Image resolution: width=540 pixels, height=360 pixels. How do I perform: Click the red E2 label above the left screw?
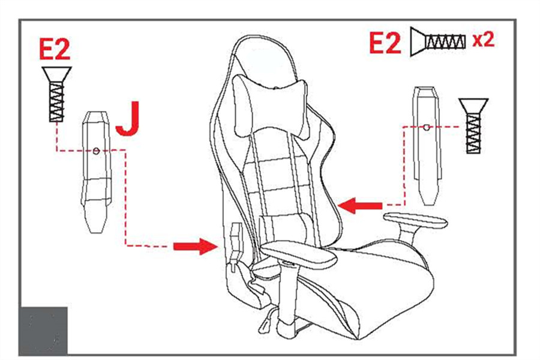pyautogui.click(x=55, y=49)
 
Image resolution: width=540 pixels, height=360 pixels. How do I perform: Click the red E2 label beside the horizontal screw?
pyautogui.click(x=385, y=43)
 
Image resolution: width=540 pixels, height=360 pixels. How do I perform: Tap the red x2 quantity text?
pyautogui.click(x=483, y=40)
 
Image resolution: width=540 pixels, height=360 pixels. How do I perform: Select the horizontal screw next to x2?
pyautogui.click(x=437, y=41)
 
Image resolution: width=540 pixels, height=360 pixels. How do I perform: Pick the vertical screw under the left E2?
pyautogui.click(x=56, y=94)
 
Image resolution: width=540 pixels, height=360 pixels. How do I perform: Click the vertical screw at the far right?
pyautogui.click(x=473, y=125)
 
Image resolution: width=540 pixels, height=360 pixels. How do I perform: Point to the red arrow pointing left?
pyautogui.click(x=360, y=206)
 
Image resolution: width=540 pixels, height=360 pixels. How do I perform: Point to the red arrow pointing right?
pyautogui.click(x=196, y=247)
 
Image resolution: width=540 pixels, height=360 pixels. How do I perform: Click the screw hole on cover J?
pyautogui.click(x=97, y=151)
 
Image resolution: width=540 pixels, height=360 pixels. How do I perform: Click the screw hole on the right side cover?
pyautogui.click(x=427, y=127)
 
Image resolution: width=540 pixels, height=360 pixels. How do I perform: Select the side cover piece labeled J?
pyautogui.click(x=96, y=172)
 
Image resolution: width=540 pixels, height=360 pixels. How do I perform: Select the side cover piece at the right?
pyautogui.click(x=427, y=146)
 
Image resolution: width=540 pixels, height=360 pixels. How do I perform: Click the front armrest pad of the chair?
pyautogui.click(x=298, y=254)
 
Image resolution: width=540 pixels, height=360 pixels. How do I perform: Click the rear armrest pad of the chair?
pyautogui.click(x=415, y=221)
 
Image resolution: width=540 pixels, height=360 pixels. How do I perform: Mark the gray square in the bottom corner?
pyautogui.click(x=43, y=330)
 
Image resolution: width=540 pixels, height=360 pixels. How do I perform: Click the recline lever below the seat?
pyautogui.click(x=267, y=320)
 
